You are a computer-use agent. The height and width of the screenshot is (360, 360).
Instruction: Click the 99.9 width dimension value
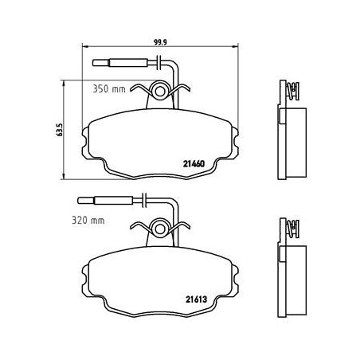click(x=160, y=41)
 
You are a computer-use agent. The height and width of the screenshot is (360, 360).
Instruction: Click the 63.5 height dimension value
click(x=60, y=130)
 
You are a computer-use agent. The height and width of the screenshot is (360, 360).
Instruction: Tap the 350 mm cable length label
click(x=109, y=88)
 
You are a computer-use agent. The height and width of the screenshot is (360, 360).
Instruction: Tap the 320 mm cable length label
click(x=88, y=220)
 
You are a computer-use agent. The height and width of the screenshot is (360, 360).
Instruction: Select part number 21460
click(x=194, y=164)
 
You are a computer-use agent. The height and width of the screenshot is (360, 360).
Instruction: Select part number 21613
click(x=196, y=299)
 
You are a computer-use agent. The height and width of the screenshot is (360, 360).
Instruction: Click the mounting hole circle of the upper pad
click(x=160, y=92)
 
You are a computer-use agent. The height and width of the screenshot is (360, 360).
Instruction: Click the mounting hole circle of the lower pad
click(x=160, y=229)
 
